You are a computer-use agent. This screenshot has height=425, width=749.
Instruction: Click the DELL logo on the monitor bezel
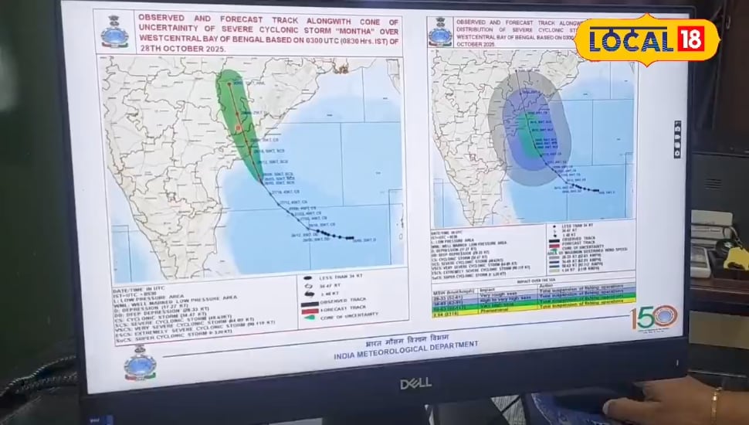point(415,382)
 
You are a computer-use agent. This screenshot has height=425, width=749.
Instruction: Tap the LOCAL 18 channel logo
point(647,39)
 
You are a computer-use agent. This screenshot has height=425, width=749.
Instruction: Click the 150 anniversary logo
point(653,316)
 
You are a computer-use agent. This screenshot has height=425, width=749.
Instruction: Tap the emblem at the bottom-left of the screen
point(141,363)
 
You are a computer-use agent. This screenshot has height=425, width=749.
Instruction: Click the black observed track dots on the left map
point(332,235)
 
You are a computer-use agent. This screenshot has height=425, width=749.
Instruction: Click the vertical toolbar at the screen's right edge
point(677,139)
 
